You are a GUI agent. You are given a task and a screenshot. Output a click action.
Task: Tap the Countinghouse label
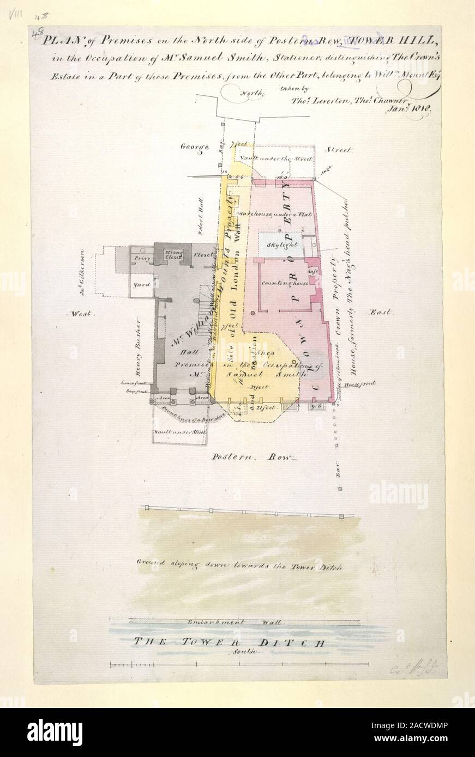(285, 284)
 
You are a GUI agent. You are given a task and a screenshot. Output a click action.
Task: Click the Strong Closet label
(173, 254)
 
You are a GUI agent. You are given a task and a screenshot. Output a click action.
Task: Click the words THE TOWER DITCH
(229, 642)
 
